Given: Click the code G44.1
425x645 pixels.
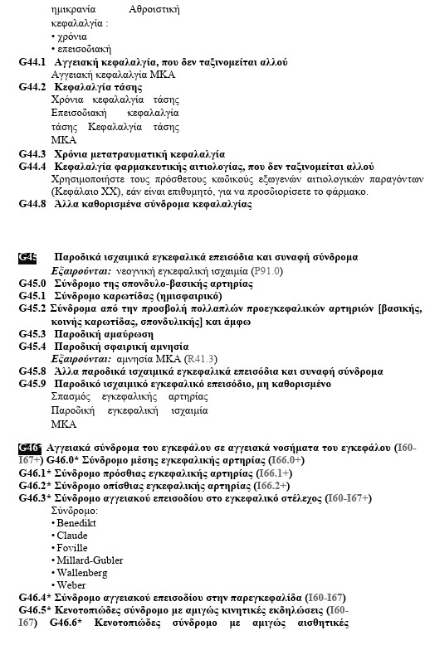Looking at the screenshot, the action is coord(32,62).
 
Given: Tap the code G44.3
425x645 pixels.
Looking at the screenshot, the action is coord(32,154).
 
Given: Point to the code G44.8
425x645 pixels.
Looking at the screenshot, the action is coord(32,204).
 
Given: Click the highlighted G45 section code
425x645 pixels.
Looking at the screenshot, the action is coord(27,257).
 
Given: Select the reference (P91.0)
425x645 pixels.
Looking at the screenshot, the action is coord(267,270).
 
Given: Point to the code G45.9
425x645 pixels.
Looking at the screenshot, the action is coord(32,385).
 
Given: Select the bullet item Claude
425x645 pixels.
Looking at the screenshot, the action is coord(72,536).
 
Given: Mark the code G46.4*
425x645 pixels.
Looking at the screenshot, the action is coord(35,598).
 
